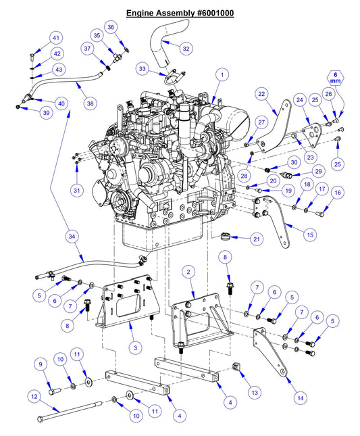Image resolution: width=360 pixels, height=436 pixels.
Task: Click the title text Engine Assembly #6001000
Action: pyautogui.click(x=180, y=13)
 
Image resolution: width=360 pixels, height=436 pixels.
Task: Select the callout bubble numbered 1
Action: pyautogui.click(x=220, y=74)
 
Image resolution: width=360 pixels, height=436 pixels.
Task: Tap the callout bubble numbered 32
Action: pyautogui.click(x=186, y=48)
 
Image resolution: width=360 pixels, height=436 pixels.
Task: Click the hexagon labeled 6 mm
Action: pyautogui.click(x=336, y=79)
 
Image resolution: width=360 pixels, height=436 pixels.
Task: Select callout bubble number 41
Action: pyautogui.click(x=56, y=38)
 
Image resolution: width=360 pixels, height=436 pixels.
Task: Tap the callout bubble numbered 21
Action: pyautogui.click(x=257, y=239)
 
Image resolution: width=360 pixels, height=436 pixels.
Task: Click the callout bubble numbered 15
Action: pyautogui.click(x=310, y=235)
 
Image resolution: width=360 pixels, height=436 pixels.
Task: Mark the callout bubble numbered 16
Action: pyautogui.click(x=338, y=193)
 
